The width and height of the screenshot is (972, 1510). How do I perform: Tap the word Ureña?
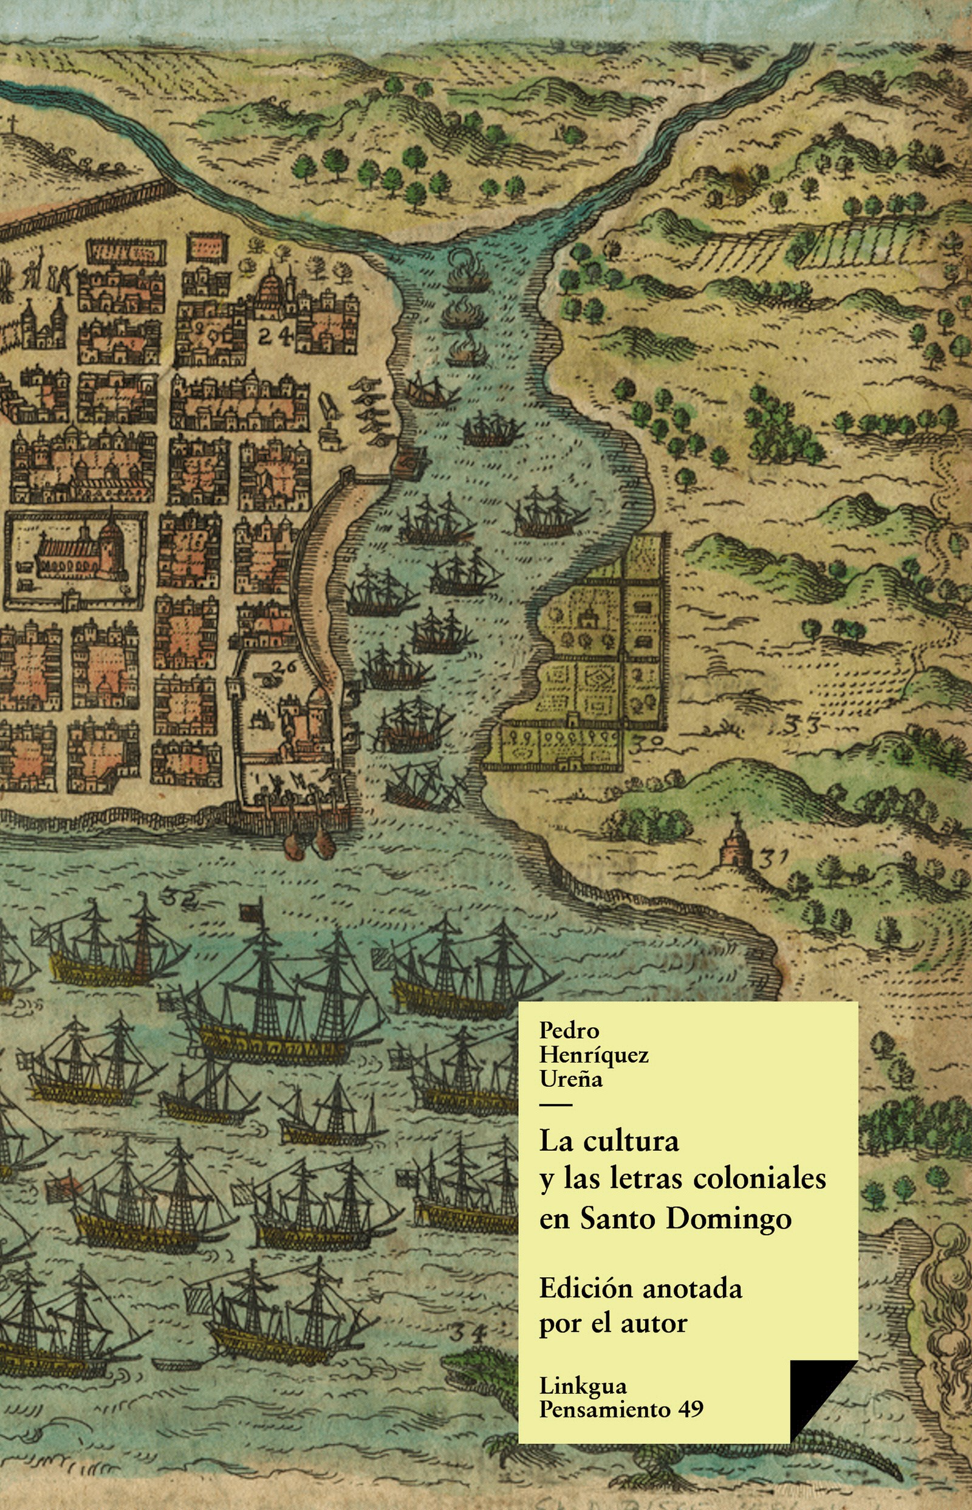click(x=570, y=1079)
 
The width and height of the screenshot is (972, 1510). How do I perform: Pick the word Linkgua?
click(x=583, y=1386)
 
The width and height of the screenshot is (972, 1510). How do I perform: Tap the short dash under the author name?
click(x=555, y=1105)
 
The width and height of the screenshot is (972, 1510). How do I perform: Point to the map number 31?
click(x=774, y=859)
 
